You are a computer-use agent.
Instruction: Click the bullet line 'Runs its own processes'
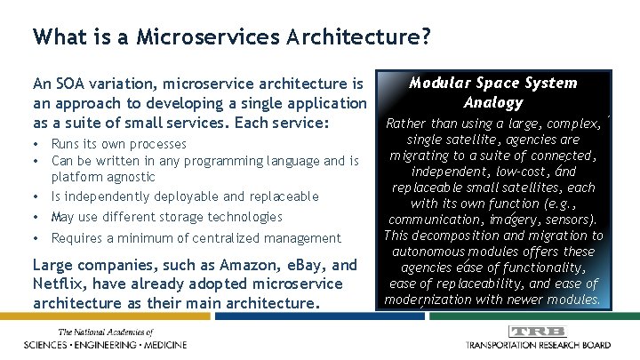[x=119, y=144]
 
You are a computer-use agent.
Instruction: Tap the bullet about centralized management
[x=196, y=238]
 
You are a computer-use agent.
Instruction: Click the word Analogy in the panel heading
[x=492, y=102]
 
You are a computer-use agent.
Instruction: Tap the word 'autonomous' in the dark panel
[x=425, y=252]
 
